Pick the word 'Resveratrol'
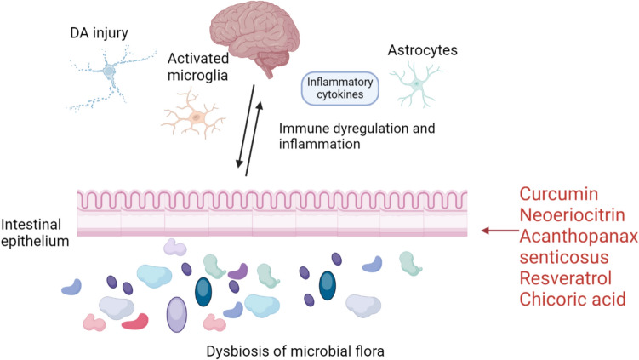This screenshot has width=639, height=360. coord(566,278)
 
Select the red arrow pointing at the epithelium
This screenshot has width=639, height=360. coord(493,230)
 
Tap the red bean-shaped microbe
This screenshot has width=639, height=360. coord(134,322)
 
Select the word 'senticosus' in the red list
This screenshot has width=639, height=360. coord(561,257)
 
